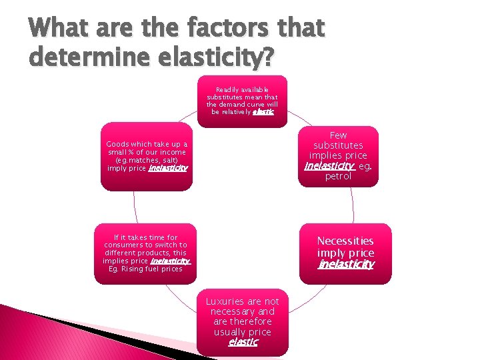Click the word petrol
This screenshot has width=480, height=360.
coord(338,177)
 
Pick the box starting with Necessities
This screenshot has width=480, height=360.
coord(345,253)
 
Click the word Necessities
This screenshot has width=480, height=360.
coord(345,241)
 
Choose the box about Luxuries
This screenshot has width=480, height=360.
coord(242,321)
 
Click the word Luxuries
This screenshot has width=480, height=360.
coord(225,301)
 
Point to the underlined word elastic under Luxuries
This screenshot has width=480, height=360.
coord(243,342)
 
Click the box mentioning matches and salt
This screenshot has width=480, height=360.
coord(146,156)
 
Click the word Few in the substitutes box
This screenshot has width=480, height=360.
coord(338,135)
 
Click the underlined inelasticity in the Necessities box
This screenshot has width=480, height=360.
coord(346,265)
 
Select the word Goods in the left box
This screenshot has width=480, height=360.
coord(119,145)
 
